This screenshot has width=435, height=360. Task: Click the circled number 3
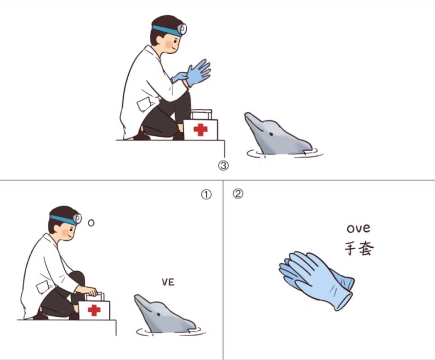coord(223,166)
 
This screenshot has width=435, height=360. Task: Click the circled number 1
coord(206,195)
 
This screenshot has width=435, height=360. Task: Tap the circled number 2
coord(238,194)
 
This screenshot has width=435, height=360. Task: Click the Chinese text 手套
coord(359,248)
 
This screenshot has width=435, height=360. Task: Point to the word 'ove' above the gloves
coord(358,228)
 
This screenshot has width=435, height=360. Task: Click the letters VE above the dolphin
coord(168,282)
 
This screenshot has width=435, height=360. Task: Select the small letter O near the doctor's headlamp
coord(91,222)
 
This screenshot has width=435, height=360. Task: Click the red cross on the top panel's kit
coord(200,130)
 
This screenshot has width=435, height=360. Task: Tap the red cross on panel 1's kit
coord(94,310)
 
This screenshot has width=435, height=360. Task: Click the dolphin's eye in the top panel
coord(271,134)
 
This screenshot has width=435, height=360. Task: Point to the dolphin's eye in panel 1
coord(158,315)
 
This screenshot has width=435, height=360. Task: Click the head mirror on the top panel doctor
coord(182,29)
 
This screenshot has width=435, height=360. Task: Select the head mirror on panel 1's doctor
coord(78,219)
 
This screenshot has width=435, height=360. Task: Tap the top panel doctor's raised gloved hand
coord(198,73)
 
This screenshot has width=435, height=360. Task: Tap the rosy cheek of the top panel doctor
coord(169,44)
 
